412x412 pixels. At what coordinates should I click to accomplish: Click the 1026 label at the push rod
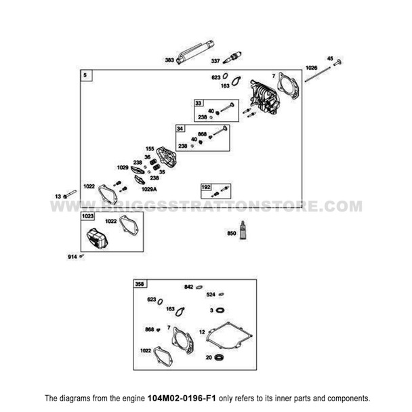click(311, 68)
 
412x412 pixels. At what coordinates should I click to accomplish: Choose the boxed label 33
click(198, 103)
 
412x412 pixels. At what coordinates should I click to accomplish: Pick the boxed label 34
click(180, 128)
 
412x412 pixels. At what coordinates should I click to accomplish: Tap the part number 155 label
click(150, 147)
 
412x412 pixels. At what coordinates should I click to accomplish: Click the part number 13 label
click(58, 196)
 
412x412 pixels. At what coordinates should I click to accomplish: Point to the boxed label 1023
click(87, 216)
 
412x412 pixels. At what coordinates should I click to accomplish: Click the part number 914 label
click(72, 256)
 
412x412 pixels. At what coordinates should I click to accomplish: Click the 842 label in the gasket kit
click(189, 287)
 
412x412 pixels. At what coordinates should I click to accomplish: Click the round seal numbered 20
click(219, 357)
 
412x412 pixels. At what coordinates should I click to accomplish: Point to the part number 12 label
click(202, 331)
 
